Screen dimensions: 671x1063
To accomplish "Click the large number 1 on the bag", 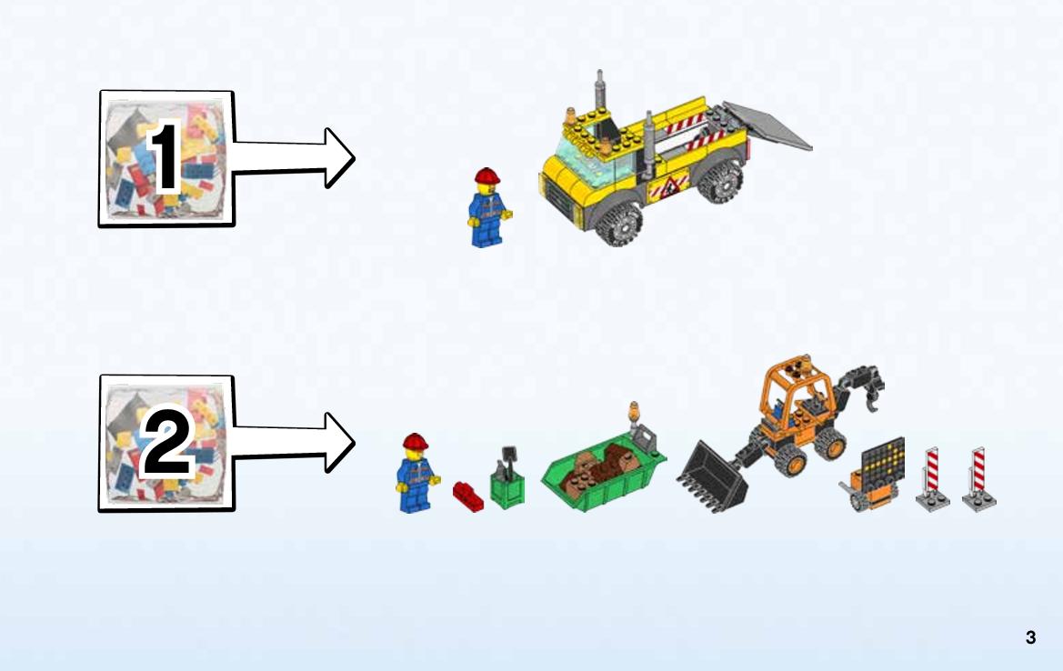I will [165, 158].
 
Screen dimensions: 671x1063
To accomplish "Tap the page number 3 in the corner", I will [1030, 637].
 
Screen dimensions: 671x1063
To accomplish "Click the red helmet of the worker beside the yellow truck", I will [488, 176].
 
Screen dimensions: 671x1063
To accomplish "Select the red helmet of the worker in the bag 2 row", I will [416, 442].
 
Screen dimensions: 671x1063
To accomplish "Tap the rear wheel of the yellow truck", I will [723, 183].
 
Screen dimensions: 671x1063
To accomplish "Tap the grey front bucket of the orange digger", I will [713, 474].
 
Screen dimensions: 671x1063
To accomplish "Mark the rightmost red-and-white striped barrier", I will [978, 479].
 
